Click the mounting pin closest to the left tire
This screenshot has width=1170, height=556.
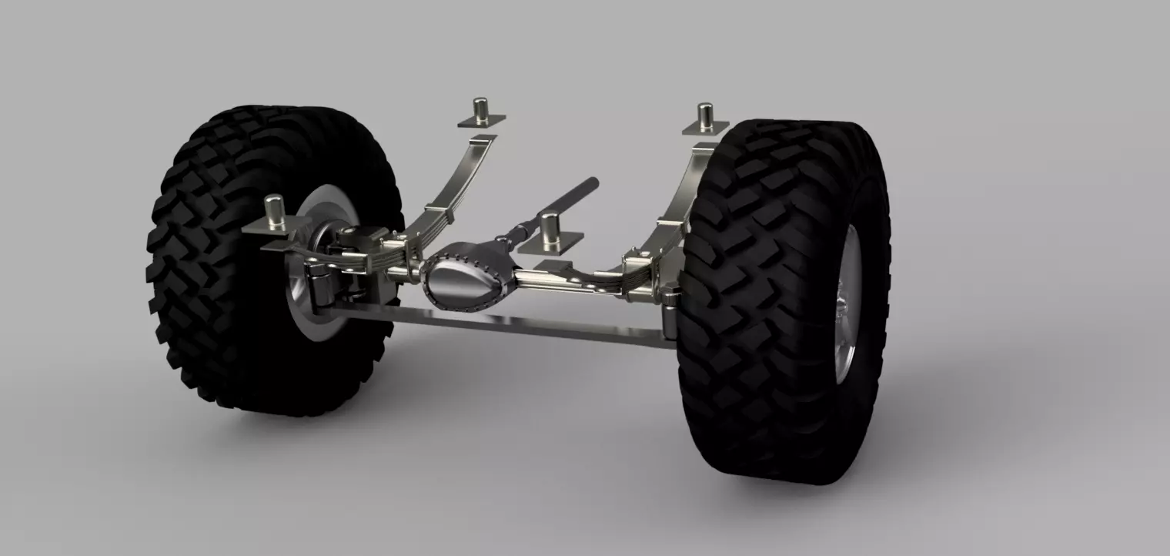(274, 213)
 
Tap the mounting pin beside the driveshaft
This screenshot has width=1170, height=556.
(549, 229)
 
